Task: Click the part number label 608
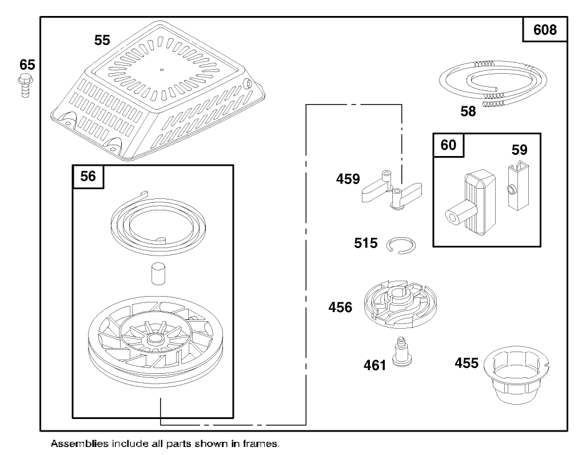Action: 545,29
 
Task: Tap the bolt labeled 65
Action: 25,86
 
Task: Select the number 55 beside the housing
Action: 102,40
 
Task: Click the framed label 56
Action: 88,176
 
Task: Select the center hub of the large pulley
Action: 153,338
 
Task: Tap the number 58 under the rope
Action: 468,111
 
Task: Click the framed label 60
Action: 448,145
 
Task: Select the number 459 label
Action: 348,179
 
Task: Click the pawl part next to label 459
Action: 392,191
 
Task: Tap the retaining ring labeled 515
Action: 400,244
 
